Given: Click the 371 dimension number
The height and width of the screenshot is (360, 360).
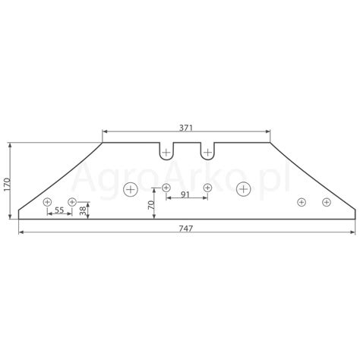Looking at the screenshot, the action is tap(186, 128).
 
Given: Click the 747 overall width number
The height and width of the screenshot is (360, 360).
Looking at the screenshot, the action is tap(186, 229).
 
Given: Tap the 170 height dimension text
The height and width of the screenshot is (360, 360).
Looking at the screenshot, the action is tap(7, 185).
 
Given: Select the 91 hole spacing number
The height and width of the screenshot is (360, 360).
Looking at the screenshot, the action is tap(185, 194).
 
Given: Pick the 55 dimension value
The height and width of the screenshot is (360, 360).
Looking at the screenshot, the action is tap(59, 210).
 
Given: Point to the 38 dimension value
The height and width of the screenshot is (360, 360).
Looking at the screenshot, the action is tap(83, 210).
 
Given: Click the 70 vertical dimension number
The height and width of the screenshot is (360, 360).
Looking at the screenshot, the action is tap(151, 205).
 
